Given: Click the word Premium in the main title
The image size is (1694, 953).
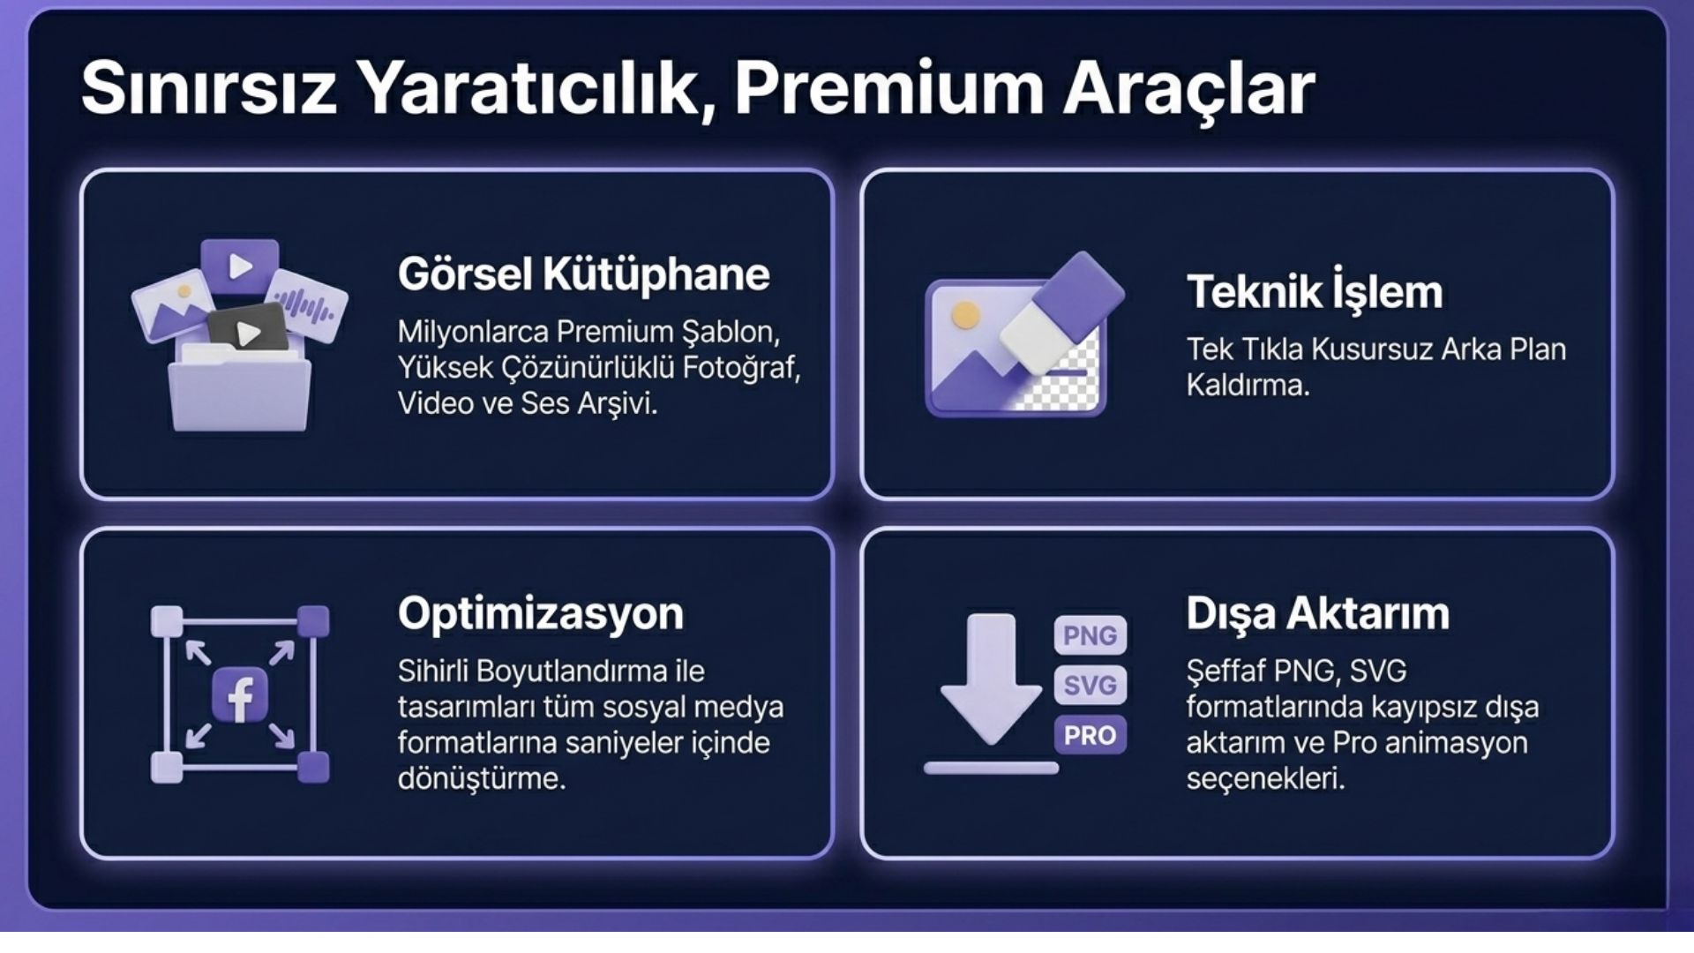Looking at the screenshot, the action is pyautogui.click(x=889, y=88).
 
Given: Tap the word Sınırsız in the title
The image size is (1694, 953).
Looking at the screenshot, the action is pyautogui.click(x=209, y=88).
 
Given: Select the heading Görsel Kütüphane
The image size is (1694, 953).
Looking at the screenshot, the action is pyautogui.click(x=583, y=274).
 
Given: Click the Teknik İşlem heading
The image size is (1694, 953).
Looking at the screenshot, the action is pyautogui.click(x=1315, y=290).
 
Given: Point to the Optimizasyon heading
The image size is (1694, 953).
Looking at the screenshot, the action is pyautogui.click(x=541, y=613).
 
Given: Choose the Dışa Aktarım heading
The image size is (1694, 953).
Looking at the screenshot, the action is pyautogui.click(x=1317, y=613).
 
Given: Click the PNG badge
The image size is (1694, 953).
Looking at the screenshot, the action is pyautogui.click(x=1090, y=635).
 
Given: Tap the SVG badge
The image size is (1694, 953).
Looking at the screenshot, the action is pyautogui.click(x=1090, y=685).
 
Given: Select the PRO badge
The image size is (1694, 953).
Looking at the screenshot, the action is pyautogui.click(x=1090, y=735).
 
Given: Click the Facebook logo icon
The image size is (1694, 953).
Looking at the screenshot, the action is pyautogui.click(x=240, y=695).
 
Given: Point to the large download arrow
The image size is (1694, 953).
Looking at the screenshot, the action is pyautogui.click(x=991, y=678).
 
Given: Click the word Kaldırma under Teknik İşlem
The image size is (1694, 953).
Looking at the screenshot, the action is pyautogui.click(x=1248, y=386).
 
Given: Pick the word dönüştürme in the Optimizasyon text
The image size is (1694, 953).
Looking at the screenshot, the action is pyautogui.click(x=482, y=779).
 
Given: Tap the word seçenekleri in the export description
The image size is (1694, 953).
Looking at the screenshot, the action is pyautogui.click(x=1265, y=779).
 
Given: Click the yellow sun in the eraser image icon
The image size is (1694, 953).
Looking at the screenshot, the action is pyautogui.click(x=965, y=315).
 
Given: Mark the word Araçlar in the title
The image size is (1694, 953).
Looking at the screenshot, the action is pyautogui.click(x=1188, y=88).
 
